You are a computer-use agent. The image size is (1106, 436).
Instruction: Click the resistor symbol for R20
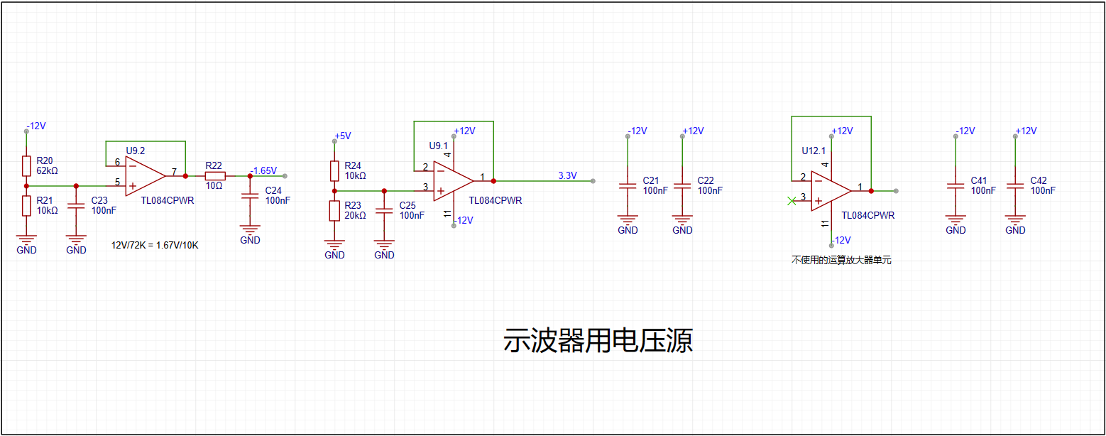27,166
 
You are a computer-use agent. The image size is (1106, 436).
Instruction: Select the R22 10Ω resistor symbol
215,176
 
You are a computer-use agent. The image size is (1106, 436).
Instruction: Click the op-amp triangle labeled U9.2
146,176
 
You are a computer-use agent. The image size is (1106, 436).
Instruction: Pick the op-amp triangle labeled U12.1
831,190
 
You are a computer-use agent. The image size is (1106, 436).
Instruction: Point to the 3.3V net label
567,175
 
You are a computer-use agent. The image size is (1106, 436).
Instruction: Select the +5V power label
343,136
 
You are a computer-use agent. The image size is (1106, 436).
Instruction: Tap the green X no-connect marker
792,200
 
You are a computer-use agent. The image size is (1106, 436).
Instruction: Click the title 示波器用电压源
598,340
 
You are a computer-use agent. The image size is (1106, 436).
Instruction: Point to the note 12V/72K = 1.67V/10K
155,246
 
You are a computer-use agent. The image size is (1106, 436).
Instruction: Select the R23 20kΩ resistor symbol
334,211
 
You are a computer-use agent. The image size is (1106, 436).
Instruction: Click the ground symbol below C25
384,244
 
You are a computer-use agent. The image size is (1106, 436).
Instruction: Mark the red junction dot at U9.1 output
493,181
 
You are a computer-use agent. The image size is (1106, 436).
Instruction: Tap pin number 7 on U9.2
174,171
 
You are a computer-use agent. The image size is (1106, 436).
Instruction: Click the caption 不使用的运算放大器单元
841,260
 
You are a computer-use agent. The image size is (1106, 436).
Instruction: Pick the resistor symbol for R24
334,171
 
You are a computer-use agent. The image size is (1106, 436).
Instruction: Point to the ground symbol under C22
682,219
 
